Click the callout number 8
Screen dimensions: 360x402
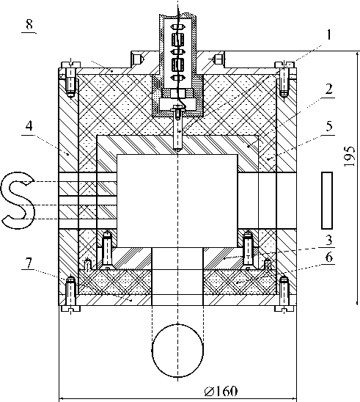click(29, 25)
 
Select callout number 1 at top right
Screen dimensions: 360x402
click(329, 34)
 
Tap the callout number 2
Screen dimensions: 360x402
click(329, 89)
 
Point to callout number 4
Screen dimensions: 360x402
click(29, 125)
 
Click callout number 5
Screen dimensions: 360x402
click(329, 126)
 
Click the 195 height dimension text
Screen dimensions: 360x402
click(350, 156)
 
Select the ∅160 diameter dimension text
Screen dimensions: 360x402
click(221, 391)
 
